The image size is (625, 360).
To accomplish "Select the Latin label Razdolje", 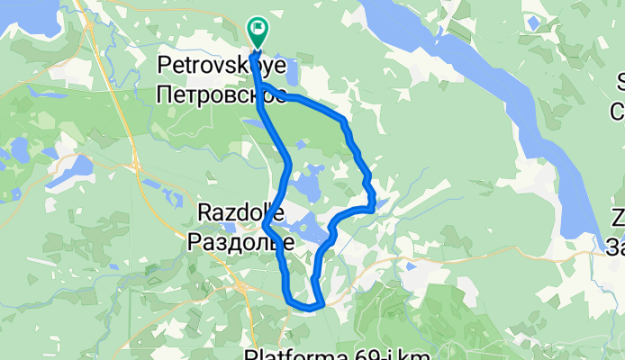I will tap(240, 214).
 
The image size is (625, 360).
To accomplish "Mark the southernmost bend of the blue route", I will tap(306, 307).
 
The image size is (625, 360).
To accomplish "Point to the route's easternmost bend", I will tap(372, 207).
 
